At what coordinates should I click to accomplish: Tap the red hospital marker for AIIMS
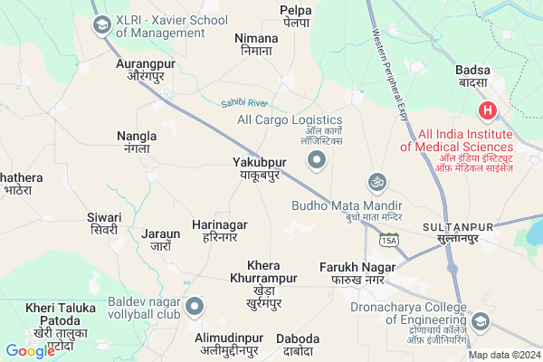click(487, 111)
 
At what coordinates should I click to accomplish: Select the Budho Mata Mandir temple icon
click(376, 182)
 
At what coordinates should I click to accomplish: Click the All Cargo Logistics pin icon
click(316, 161)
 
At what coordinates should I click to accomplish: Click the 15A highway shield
click(389, 241)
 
